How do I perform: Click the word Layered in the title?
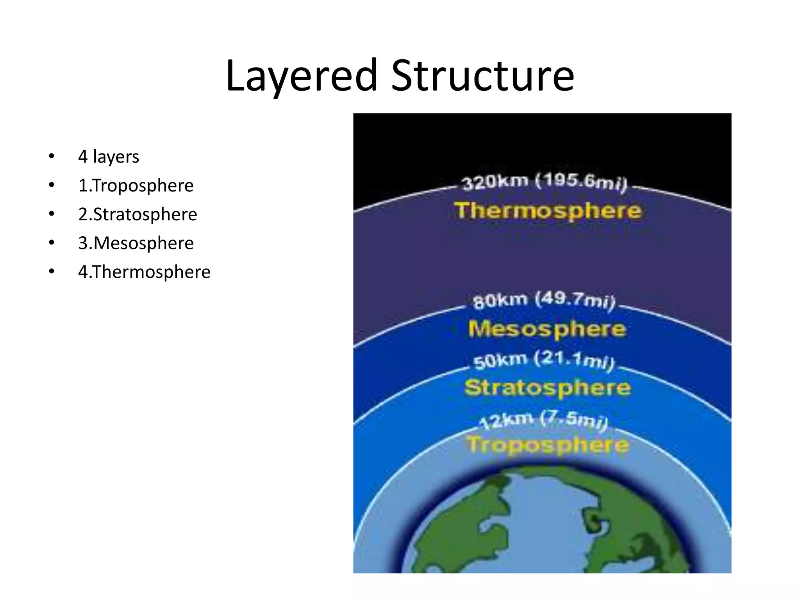tap(301, 76)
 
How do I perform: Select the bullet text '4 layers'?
tap(109, 157)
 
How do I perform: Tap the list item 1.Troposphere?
tap(136, 186)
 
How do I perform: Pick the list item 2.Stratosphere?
tap(137, 214)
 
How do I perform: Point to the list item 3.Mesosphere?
tap(136, 243)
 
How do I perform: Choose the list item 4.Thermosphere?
tap(144, 272)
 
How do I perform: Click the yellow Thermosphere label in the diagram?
tap(548, 211)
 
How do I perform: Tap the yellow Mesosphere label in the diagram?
tap(547, 329)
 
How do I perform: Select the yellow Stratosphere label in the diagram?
tap(547, 387)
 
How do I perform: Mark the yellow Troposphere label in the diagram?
tap(547, 445)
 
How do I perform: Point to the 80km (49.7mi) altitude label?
tap(544, 301)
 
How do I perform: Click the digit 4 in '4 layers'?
tap(82, 157)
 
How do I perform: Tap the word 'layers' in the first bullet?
tap(116, 157)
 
